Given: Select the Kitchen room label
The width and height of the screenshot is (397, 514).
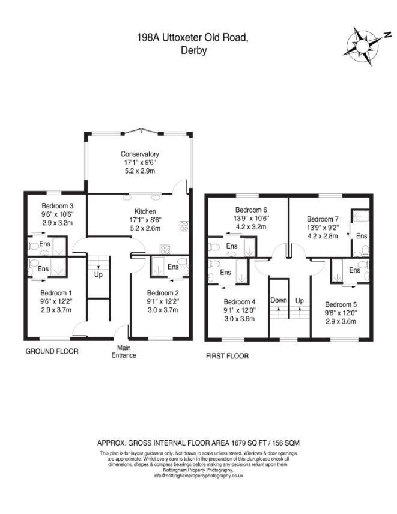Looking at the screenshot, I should point(145,211).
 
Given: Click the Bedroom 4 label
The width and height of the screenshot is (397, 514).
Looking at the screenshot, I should point(240,302).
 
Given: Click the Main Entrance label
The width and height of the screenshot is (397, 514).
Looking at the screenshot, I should point(123,351).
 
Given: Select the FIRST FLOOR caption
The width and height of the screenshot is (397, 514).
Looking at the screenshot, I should point(228,355).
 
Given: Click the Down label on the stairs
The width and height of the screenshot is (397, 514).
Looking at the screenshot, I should point(279,300).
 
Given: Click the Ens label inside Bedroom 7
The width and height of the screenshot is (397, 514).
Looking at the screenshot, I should point(361,236).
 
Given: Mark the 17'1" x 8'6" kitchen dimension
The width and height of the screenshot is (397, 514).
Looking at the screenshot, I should point(145,220).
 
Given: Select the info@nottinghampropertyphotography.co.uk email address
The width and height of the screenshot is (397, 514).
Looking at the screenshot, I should point(198,475).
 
